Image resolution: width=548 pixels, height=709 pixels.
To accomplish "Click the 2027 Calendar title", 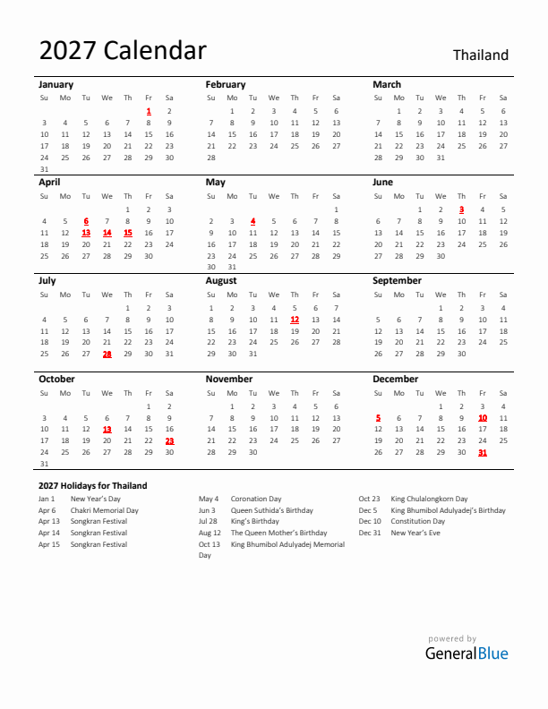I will (x=123, y=51).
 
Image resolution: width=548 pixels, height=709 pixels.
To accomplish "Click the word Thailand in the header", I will (x=480, y=56).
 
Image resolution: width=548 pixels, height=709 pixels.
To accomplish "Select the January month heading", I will (x=56, y=84).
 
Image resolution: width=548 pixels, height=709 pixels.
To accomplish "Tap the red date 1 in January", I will (x=149, y=111).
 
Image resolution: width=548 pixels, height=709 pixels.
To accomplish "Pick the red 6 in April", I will (x=86, y=220).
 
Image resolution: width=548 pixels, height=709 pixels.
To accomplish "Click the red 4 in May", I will (x=253, y=220).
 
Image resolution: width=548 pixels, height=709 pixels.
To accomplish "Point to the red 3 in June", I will (x=461, y=209).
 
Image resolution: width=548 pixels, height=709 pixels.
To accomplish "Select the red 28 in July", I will (x=107, y=354).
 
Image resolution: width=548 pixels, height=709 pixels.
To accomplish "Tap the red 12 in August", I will (x=295, y=319).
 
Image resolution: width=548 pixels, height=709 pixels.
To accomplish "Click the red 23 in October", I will (x=169, y=440).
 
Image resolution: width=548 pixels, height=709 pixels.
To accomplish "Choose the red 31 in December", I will (x=483, y=452).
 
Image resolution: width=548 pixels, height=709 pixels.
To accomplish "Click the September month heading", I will (x=397, y=280).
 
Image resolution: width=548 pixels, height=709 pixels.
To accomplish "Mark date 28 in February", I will (x=211, y=157).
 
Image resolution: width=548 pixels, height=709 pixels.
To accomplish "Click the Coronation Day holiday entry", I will (x=256, y=499).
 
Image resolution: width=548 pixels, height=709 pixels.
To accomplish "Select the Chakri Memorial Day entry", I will (x=104, y=510).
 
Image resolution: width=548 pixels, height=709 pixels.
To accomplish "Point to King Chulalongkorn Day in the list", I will (x=429, y=499).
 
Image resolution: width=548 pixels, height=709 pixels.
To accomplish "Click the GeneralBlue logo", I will (x=467, y=653).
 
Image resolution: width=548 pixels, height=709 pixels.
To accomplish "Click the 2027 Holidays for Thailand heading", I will (x=92, y=485).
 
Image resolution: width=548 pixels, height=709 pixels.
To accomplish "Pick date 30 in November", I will (x=253, y=452).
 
